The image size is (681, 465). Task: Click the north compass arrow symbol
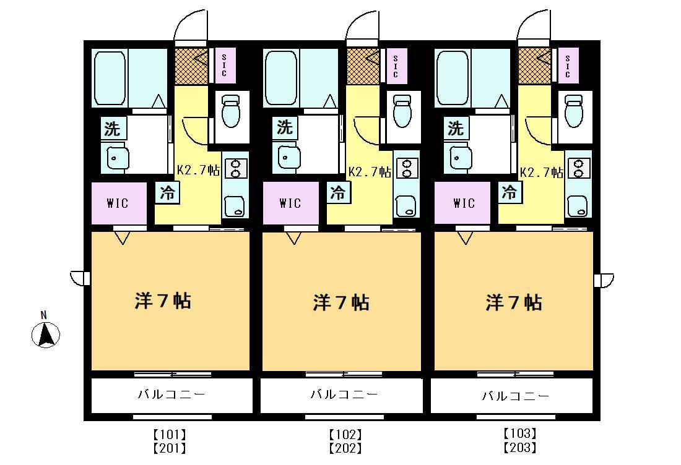click(x=46, y=335)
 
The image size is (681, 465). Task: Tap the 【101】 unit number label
click(x=170, y=434)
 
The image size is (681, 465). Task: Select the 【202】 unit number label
click(x=345, y=448)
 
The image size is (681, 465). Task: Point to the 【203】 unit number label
click(x=520, y=447)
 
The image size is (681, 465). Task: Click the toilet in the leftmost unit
click(x=231, y=111)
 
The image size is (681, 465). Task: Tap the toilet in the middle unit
click(x=402, y=111)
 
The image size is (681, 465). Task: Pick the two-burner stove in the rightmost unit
click(x=579, y=168)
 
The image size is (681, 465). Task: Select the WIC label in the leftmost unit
click(x=118, y=203)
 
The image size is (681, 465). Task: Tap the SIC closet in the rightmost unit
click(x=568, y=66)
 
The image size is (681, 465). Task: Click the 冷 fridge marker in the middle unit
click(x=338, y=192)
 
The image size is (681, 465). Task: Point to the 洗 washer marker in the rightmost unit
click(x=456, y=128)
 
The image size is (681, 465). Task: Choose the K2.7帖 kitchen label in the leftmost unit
click(x=198, y=169)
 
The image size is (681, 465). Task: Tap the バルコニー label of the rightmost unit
click(x=516, y=396)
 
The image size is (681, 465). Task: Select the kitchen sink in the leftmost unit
click(x=235, y=206)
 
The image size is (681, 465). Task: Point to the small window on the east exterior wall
click(x=604, y=279)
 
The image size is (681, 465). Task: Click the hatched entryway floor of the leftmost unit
click(x=191, y=66)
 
